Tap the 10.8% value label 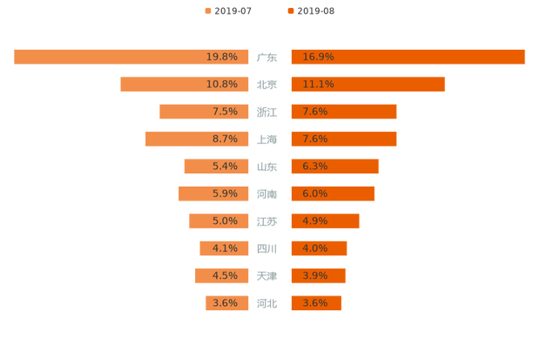222,85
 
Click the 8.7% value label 225,139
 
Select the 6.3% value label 315,166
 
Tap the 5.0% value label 225,221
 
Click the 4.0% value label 315,248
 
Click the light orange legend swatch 207,11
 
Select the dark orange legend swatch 289,11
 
